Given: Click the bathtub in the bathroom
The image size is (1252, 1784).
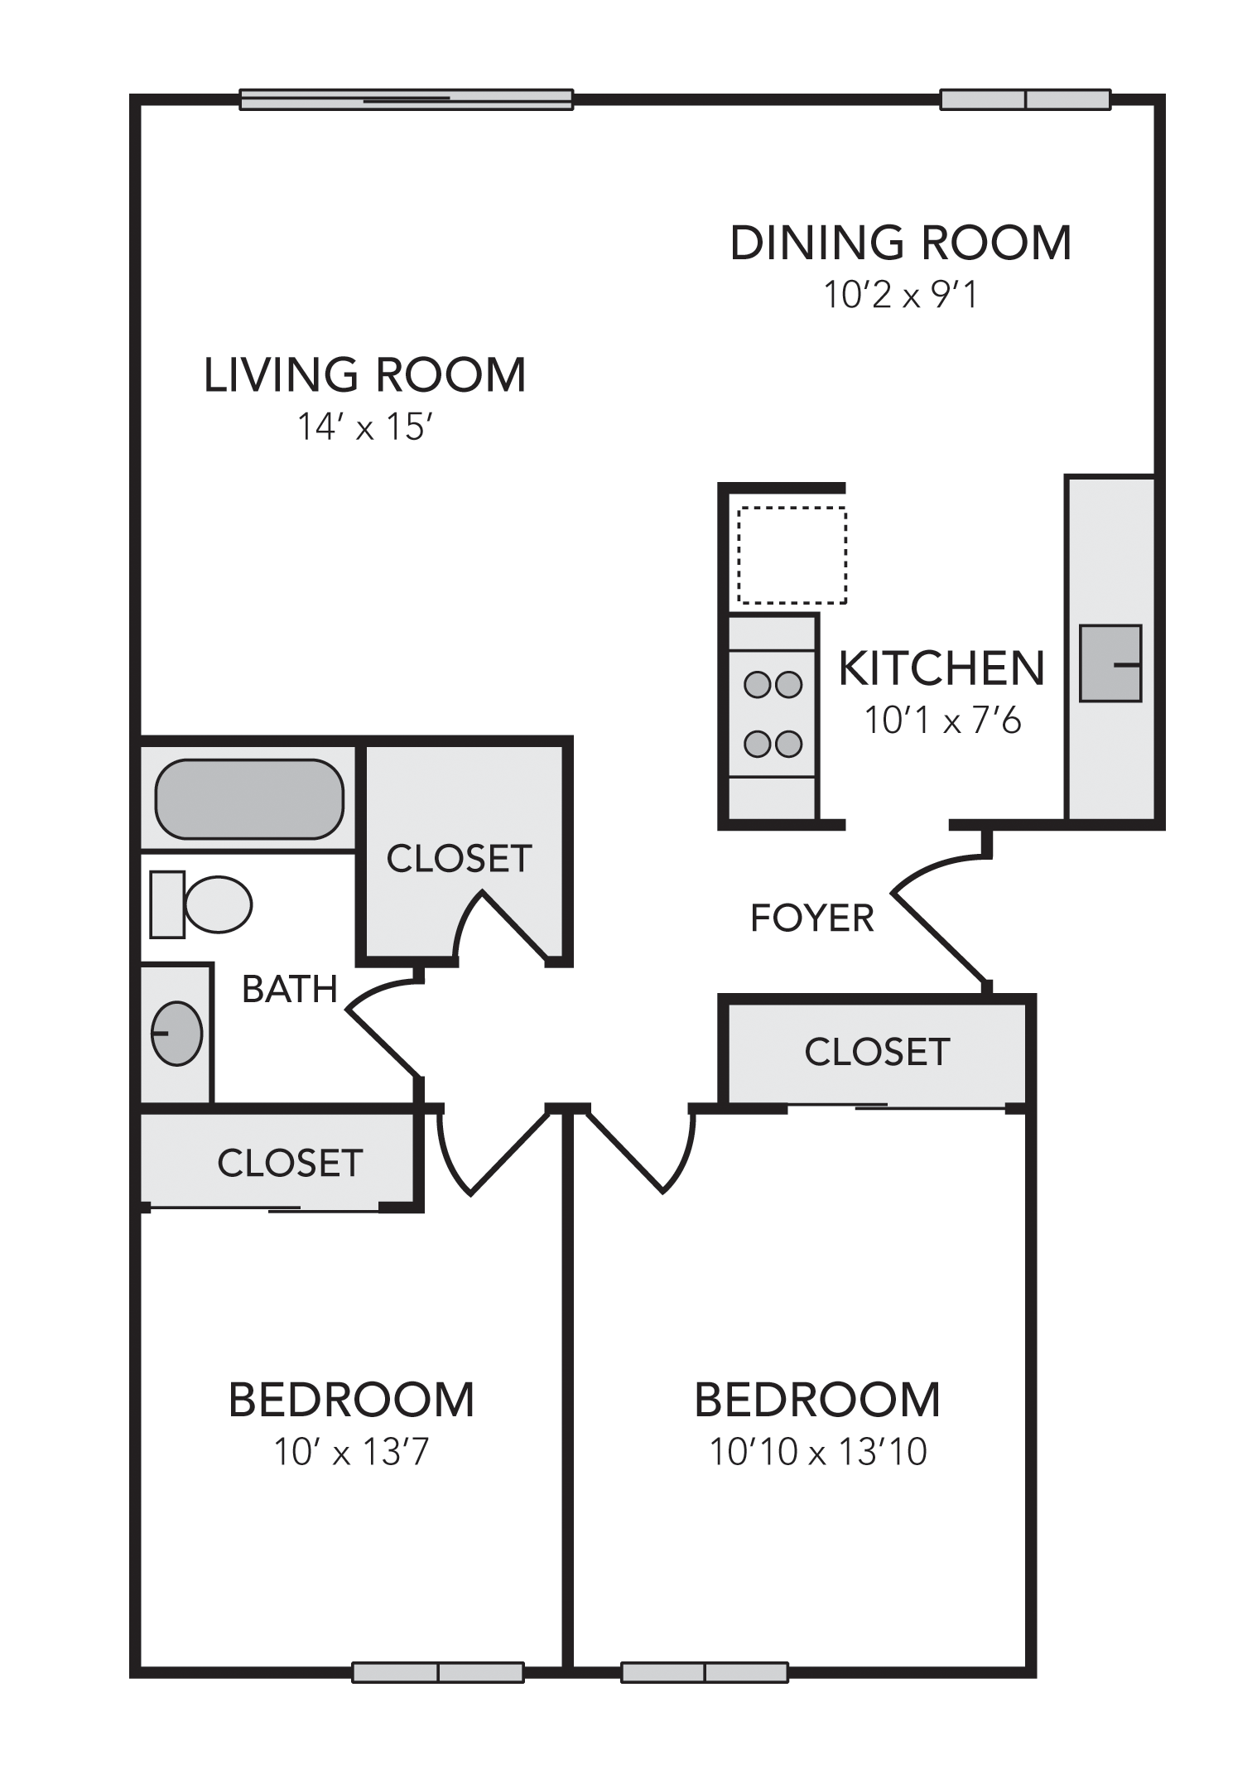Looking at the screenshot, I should [x=249, y=798].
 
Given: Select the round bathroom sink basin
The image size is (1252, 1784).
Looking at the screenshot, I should [x=176, y=1033].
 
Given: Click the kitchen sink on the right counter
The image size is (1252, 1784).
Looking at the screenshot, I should [x=1110, y=663].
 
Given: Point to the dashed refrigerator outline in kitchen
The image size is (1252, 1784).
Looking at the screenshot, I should [x=792, y=555].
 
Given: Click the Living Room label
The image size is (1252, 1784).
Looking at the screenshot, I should [x=364, y=375].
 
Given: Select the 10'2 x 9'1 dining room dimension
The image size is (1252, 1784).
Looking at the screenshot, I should [x=900, y=295].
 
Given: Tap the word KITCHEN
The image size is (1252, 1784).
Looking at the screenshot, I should [x=941, y=668].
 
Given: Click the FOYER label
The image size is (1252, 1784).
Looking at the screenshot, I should [x=811, y=919].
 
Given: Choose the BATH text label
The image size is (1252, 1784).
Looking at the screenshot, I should [x=290, y=989].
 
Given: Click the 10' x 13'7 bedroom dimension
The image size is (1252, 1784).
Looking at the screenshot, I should [x=351, y=1452].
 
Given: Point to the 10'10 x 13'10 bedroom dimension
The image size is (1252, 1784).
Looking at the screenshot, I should [x=818, y=1452].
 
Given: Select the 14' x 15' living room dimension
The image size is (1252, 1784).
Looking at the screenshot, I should [x=365, y=427].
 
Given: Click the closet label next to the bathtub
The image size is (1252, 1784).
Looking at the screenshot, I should [x=459, y=859].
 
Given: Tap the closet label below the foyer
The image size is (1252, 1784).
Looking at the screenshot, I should [x=877, y=1052].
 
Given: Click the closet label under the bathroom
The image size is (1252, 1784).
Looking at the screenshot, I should [x=290, y=1163].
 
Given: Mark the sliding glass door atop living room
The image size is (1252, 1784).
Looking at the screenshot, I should [x=406, y=99].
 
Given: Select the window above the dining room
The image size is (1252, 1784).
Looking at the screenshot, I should [x=1025, y=99].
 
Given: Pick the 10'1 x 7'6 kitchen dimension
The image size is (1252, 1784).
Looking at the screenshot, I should [x=942, y=721].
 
